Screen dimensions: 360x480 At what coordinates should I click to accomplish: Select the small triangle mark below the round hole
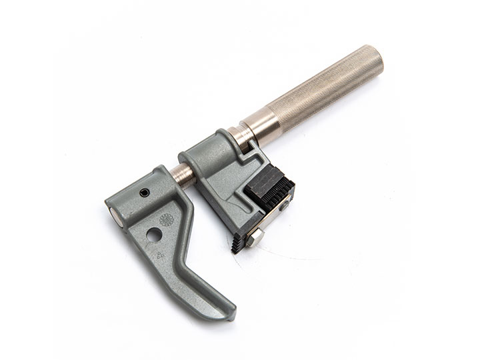pyautogui.click(x=160, y=253)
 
